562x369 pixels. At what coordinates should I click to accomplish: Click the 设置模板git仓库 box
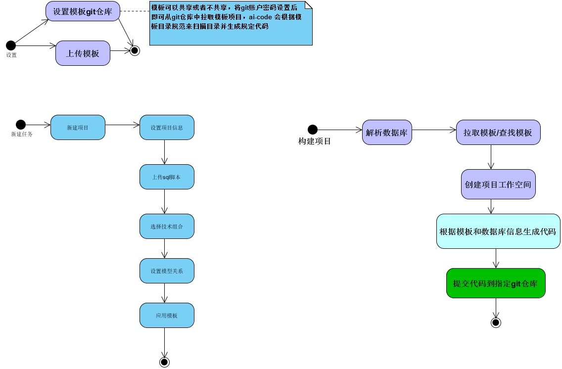[x=83, y=11]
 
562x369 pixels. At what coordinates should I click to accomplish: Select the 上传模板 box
[x=83, y=53]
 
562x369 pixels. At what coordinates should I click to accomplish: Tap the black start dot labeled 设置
[x=11, y=46]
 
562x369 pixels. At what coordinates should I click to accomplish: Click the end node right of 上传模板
[x=135, y=50]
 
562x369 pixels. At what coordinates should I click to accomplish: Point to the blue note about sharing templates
[x=231, y=23]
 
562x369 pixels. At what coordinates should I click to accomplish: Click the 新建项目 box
[x=78, y=127]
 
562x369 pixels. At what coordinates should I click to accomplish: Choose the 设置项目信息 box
[x=167, y=127]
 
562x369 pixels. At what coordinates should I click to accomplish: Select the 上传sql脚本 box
[x=167, y=177]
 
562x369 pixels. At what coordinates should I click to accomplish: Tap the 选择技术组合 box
[x=167, y=226]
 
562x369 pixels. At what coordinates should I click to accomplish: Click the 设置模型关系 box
[x=167, y=271]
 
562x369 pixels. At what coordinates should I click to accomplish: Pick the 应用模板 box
[x=167, y=315]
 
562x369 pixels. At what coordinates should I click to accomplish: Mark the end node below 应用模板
[x=164, y=362]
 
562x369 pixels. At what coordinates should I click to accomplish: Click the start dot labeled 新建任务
[x=21, y=125]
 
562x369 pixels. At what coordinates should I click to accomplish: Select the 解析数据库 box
[x=387, y=132]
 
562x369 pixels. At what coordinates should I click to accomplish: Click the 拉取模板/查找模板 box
[x=498, y=132]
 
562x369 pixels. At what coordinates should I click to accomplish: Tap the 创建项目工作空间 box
[x=498, y=184]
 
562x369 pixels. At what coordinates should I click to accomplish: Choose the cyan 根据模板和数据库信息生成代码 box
[x=498, y=231]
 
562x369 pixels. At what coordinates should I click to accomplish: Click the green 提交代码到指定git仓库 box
[x=495, y=283]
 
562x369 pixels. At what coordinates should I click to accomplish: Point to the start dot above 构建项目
[x=313, y=130]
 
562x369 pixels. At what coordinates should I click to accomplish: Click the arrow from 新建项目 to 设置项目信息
[x=122, y=125]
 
